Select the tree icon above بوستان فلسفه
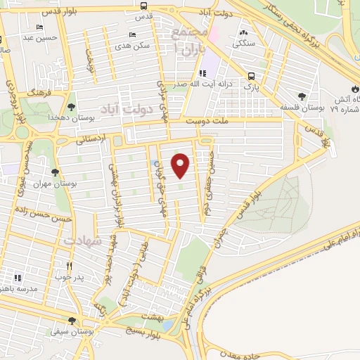pos(302,97)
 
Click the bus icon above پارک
pos(251,77)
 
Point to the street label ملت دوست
pos(204,121)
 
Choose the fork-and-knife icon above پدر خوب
pos(69,266)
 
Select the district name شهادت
pos(83,240)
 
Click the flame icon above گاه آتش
pos(355,89)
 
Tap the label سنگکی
pos(245,42)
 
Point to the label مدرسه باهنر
pos(15,288)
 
